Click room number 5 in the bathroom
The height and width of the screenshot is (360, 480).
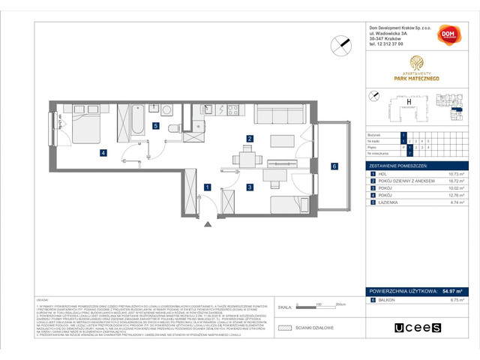click(x=155, y=127)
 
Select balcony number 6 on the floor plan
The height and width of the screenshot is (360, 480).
click(x=334, y=166)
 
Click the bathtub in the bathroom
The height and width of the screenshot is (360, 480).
click(x=138, y=118)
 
